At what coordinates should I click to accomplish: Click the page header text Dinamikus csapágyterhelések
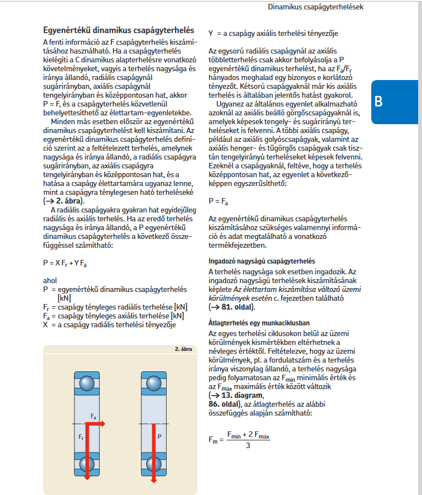(315, 7)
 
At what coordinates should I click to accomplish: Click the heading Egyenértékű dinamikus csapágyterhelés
(119, 30)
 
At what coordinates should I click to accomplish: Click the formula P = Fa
(218, 202)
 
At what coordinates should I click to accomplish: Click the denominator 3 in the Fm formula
(248, 445)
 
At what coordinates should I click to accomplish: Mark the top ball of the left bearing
(86, 383)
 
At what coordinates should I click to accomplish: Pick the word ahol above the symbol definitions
(50, 280)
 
